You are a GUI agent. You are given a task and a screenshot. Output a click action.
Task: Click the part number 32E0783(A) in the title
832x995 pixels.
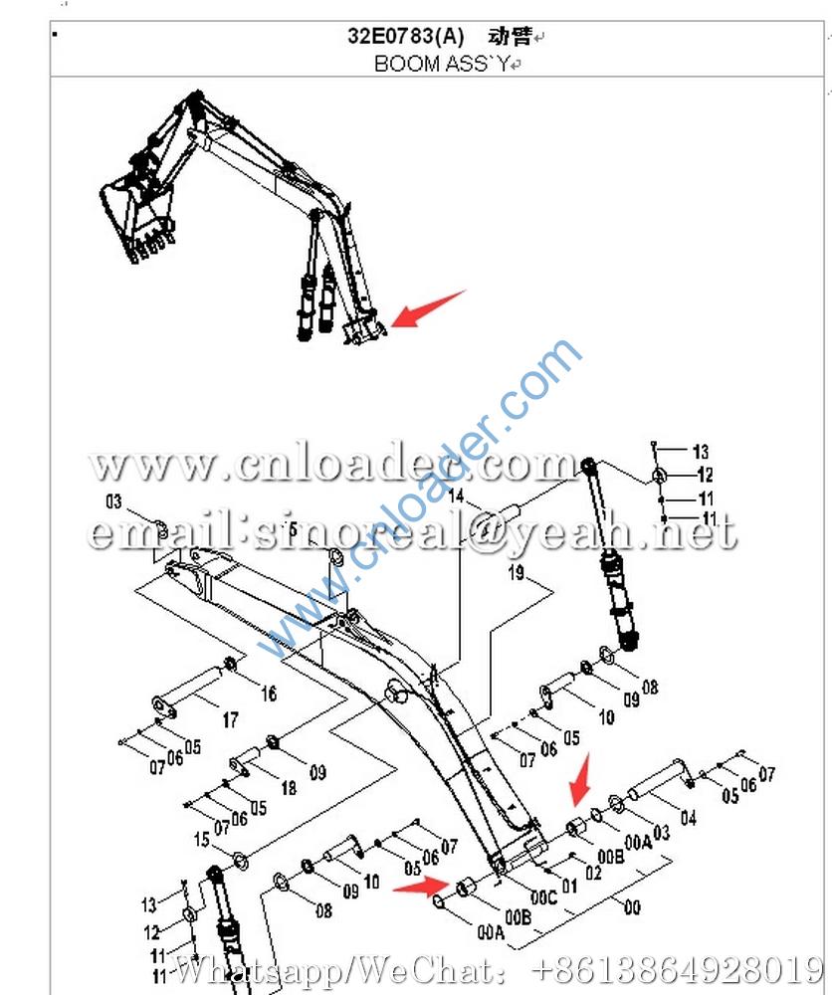405,37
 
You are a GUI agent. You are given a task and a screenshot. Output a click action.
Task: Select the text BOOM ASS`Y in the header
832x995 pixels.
441,64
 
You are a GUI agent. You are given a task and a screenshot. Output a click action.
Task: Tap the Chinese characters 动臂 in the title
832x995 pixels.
509,37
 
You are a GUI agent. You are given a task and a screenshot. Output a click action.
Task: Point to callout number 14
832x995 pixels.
456,496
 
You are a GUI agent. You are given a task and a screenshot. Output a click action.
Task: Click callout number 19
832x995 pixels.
517,572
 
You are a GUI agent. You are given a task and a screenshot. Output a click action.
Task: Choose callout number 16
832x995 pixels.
269,694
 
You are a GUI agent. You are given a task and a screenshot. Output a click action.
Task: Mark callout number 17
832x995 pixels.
230,720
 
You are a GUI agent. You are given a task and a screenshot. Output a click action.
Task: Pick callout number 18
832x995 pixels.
288,788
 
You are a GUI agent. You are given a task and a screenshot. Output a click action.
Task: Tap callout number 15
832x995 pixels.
202,840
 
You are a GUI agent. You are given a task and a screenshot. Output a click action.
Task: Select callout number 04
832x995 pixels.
688,818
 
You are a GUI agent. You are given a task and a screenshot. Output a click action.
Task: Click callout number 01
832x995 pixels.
569,885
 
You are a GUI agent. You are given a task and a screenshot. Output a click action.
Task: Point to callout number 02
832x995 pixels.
593,873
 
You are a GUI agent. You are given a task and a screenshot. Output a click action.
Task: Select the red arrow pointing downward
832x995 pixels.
579,779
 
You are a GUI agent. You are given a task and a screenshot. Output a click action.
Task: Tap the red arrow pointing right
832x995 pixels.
420,885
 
